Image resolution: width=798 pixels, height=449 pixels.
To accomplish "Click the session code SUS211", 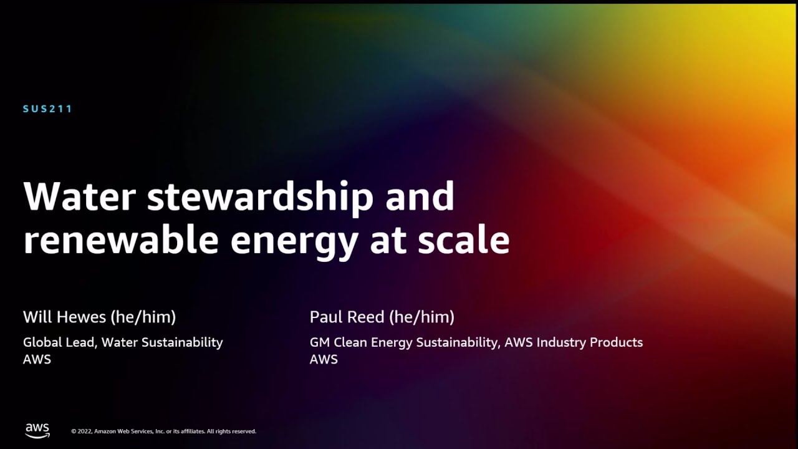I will coord(48,109).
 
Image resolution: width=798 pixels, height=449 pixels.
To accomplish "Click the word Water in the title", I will coord(79,197).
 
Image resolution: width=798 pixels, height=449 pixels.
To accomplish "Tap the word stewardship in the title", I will coord(260,197).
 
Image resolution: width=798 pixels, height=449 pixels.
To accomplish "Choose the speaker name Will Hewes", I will coord(65,317).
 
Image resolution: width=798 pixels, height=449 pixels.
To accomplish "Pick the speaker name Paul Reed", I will coord(347,317).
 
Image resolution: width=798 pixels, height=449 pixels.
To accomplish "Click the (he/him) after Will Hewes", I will coord(143,317).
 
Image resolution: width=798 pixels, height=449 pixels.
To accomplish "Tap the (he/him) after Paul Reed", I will coord(421,317).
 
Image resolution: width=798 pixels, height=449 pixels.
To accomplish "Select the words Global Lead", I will coord(59,342).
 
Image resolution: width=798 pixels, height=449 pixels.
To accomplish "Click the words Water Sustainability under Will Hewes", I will coord(162,342).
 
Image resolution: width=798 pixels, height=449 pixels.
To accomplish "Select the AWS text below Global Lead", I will coord(37,359).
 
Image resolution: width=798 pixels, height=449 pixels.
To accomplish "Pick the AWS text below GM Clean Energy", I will coord(324,359).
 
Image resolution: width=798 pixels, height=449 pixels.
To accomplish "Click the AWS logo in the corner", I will coord(37,430).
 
